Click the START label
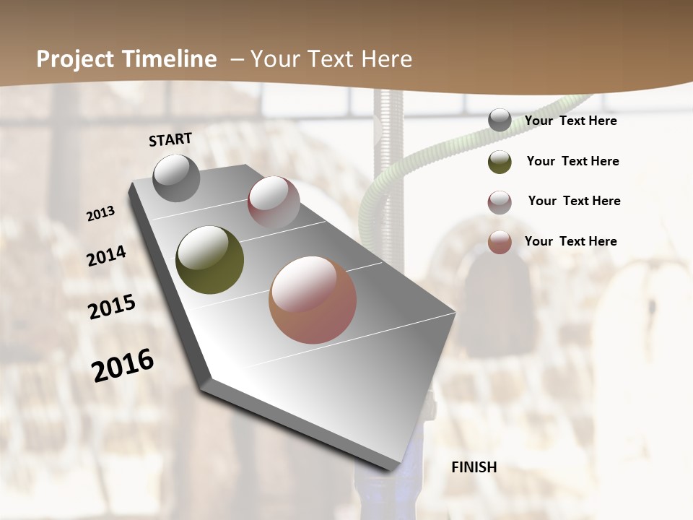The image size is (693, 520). (x=170, y=139)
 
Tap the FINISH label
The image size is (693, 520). (x=474, y=467)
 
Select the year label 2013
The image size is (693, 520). (x=101, y=214)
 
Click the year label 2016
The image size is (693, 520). (x=123, y=365)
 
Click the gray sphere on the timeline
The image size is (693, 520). (x=176, y=178)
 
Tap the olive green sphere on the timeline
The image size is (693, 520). (x=210, y=260)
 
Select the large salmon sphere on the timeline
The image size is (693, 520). (x=313, y=300)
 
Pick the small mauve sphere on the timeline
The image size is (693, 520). (x=274, y=202)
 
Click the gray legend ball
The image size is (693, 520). (x=500, y=121)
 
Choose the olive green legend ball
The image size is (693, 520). (x=500, y=162)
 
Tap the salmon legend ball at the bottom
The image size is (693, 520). (x=500, y=242)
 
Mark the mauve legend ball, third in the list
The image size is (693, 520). (x=500, y=202)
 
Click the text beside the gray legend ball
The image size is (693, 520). (x=571, y=121)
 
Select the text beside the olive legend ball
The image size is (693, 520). (x=572, y=161)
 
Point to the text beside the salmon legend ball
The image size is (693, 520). (x=571, y=241)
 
